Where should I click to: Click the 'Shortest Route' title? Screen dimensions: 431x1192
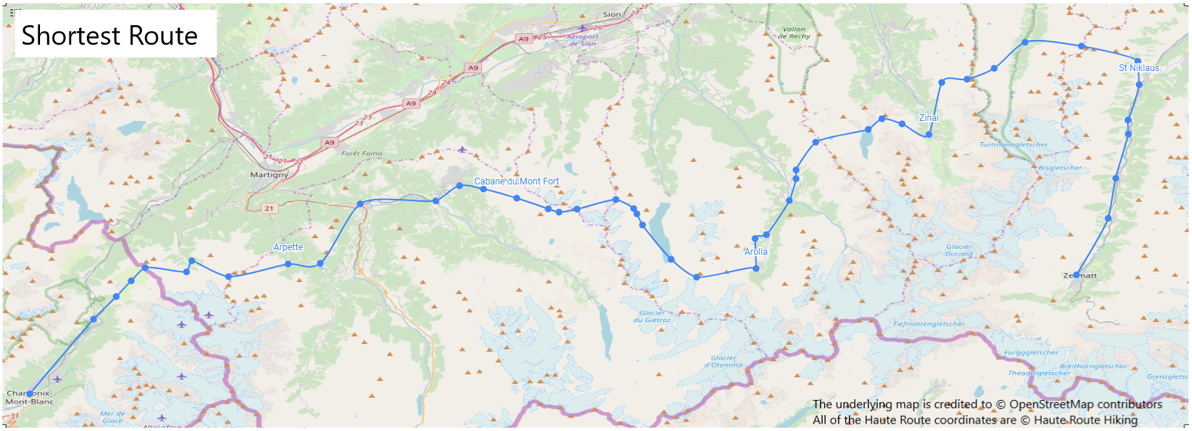pos(110,36)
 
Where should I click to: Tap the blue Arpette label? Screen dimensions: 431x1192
pos(288,247)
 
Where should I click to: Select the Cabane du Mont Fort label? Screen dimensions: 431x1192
pos(517,181)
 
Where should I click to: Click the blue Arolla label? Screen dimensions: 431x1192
pos(755,252)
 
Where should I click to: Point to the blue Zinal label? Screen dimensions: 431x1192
pos(928,118)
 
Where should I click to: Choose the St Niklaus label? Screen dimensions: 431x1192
pos(1138,68)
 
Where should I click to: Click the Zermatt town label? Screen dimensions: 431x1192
pos(1080,276)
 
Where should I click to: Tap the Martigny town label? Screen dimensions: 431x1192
pos(269,175)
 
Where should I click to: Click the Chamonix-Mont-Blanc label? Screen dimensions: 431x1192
pos(30,398)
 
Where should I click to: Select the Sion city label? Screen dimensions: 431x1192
pos(612,14)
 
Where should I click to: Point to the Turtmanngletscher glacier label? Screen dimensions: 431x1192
pos(1013,144)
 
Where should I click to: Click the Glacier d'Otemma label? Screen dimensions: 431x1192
pos(723,361)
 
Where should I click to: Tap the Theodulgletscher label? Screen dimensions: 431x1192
pos(1039,373)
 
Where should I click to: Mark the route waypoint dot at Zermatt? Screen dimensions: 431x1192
pos(1076,275)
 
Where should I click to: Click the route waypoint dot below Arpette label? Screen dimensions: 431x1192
pos(288,264)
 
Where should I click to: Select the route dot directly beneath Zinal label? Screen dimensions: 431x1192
pos(929,135)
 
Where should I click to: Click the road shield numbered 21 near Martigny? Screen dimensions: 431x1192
pos(269,208)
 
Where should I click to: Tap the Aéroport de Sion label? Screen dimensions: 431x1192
pos(582,40)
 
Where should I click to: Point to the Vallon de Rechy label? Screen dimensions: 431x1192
pos(794,33)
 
